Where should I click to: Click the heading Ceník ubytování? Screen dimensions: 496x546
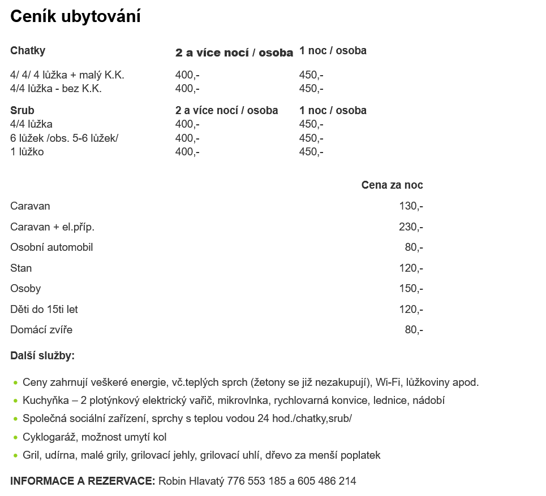tap(75, 17)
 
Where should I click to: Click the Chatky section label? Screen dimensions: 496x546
tap(28, 50)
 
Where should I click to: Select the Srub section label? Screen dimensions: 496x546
tap(22, 110)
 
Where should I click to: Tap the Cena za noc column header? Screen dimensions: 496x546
tap(392, 185)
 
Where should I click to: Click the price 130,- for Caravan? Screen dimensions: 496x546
tap(411, 206)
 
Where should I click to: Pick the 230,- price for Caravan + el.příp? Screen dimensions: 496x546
tap(411, 227)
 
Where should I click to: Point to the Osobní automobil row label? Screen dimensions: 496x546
tap(51, 247)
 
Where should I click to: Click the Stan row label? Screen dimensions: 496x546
tap(21, 268)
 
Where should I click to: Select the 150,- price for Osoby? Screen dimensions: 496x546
tap(411, 289)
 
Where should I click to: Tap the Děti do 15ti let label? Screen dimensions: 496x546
tap(44, 310)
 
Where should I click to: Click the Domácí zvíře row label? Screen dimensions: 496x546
tap(41, 330)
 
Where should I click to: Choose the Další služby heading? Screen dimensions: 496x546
tap(42, 356)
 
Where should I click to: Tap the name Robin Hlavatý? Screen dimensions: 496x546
tap(191, 481)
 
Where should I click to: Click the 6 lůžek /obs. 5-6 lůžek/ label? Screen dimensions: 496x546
tap(65, 138)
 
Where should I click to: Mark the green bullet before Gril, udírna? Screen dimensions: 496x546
tap(15, 455)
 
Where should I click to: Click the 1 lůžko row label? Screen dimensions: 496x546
tap(27, 151)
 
